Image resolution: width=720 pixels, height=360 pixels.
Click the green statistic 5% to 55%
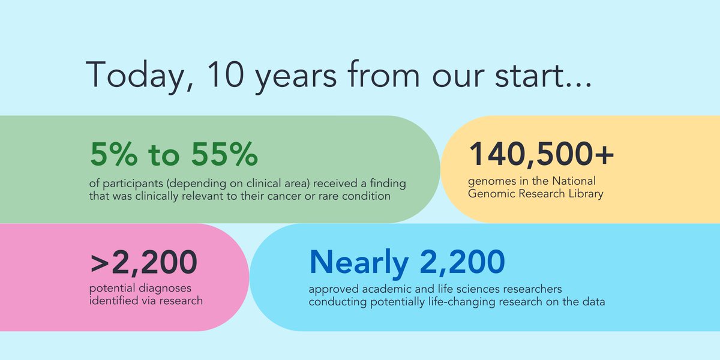pyautogui.click(x=174, y=155)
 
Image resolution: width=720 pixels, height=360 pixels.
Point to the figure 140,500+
pyautogui.click(x=542, y=155)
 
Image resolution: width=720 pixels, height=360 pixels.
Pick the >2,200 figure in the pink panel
pyautogui.click(x=144, y=262)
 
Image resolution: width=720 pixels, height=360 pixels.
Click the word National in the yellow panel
pyautogui.click(x=577, y=181)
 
